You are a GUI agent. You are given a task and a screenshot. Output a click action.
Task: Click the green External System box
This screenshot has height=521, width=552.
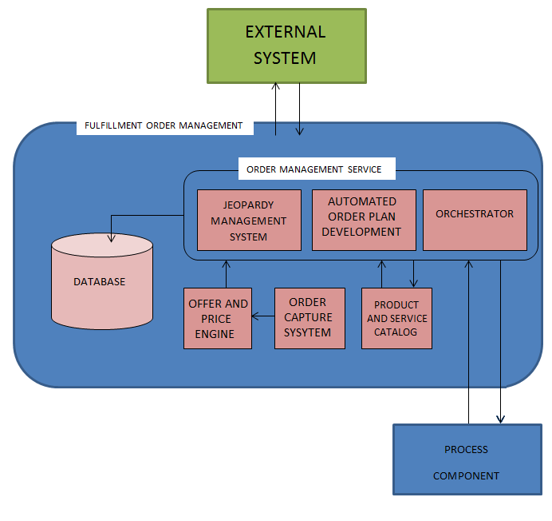(x=286, y=46)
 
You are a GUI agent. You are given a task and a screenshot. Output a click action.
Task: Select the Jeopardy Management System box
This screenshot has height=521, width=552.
(x=249, y=220)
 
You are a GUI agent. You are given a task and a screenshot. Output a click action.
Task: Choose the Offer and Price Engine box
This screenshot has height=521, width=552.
(x=218, y=318)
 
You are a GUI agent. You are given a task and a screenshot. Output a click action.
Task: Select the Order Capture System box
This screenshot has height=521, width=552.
(x=310, y=318)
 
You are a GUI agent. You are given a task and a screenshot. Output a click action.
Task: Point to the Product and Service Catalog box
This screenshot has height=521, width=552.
(x=396, y=318)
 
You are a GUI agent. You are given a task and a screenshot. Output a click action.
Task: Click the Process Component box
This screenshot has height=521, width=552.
(x=467, y=463)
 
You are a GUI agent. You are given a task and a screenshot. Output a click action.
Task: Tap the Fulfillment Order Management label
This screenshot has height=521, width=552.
(x=164, y=125)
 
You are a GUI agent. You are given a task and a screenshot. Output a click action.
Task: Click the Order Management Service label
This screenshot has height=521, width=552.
(x=314, y=169)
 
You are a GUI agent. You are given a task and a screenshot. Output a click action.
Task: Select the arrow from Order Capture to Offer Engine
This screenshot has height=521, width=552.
(x=263, y=317)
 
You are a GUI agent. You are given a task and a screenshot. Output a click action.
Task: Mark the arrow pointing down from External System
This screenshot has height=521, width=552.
(x=300, y=108)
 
